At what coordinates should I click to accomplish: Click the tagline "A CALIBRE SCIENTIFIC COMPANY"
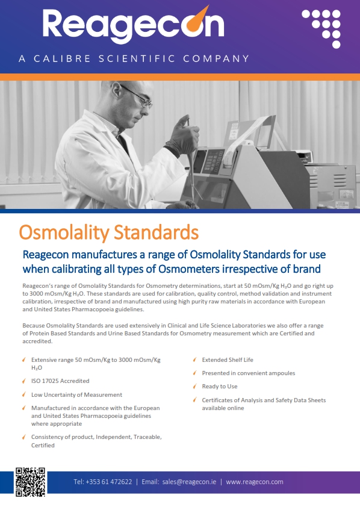tap(133, 59)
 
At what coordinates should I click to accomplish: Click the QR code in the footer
tap(31, 482)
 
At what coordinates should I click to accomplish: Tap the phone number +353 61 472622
tap(102, 482)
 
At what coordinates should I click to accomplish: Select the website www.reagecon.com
tap(254, 482)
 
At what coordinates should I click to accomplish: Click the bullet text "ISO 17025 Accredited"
tap(60, 381)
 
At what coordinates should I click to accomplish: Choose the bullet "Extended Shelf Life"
tap(228, 360)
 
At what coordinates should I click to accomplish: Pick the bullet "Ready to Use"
tap(220, 387)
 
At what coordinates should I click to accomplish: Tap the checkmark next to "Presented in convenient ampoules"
tap(194, 373)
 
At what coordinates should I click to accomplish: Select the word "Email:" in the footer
tap(151, 482)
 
